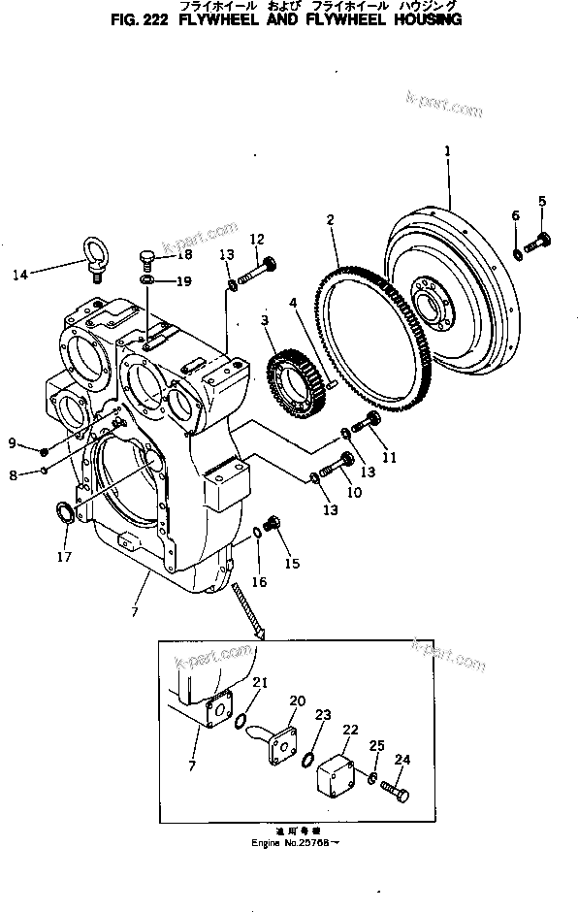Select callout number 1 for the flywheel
click(x=447, y=151)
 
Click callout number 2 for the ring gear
click(x=330, y=221)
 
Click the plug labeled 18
click(x=147, y=258)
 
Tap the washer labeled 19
click(x=145, y=281)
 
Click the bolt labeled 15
click(x=273, y=525)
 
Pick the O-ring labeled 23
click(x=308, y=758)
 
